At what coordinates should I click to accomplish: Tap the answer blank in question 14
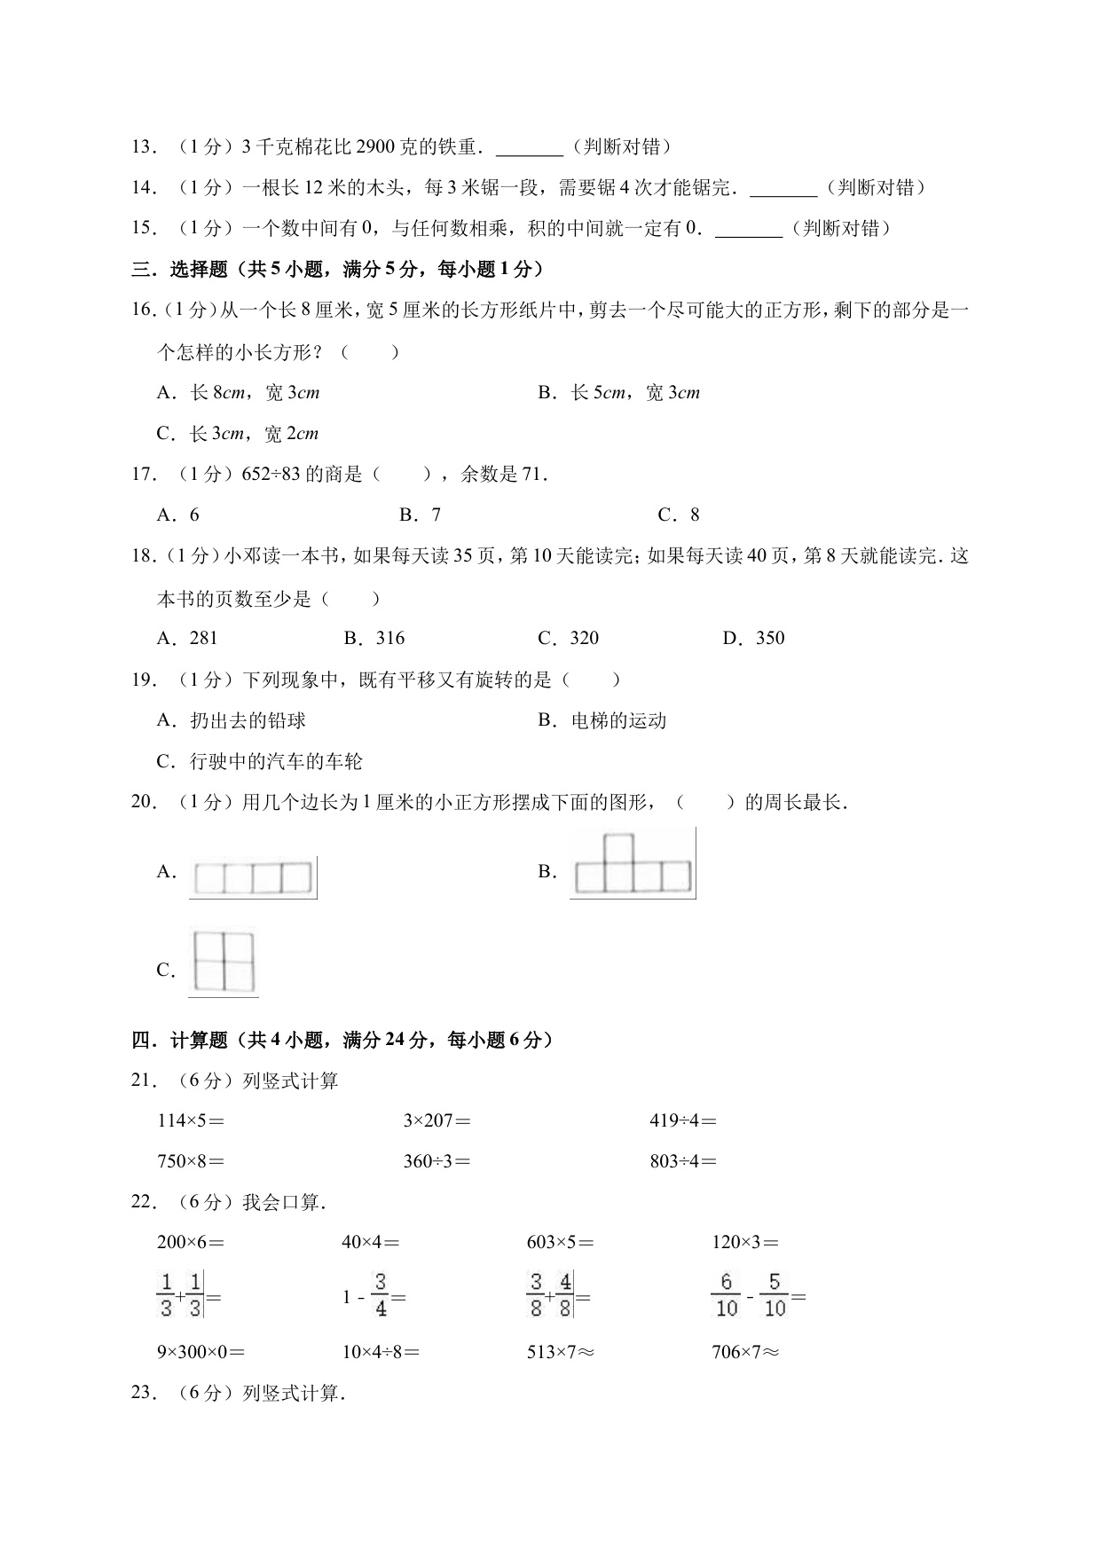[783, 189]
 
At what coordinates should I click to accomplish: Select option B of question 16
[618, 393]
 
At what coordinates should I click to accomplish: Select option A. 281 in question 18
[187, 639]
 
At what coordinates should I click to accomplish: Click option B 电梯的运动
[602, 721]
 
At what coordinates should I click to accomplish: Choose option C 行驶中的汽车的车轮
[259, 762]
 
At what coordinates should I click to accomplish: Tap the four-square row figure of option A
[254, 877]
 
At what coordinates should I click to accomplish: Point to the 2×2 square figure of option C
[224, 962]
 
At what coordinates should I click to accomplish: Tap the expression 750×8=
[191, 1161]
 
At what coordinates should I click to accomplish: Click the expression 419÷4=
[682, 1121]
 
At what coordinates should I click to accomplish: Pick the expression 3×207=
[436, 1121]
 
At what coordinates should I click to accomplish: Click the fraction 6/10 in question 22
[726, 1296]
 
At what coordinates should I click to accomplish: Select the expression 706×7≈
[745, 1353]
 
